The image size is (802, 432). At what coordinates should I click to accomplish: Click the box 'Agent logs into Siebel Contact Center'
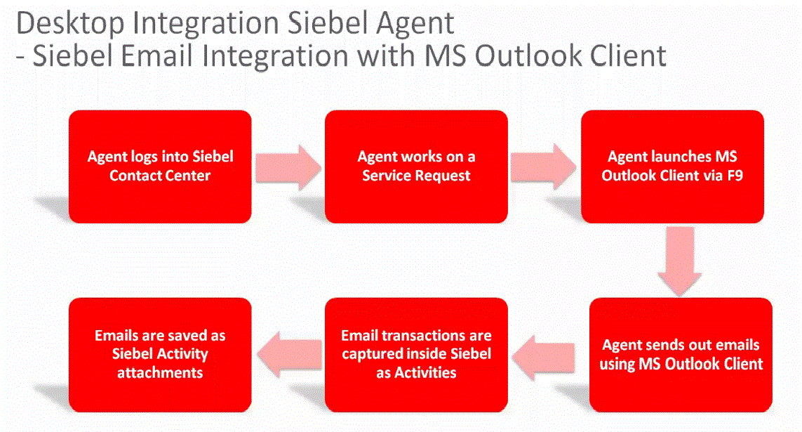point(160,166)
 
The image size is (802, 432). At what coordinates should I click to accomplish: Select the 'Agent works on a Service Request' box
point(416,166)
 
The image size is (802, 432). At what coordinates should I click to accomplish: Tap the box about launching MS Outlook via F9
point(673,166)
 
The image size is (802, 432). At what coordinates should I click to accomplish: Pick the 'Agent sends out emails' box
point(681,355)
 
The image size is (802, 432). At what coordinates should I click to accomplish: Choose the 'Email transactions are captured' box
point(416,355)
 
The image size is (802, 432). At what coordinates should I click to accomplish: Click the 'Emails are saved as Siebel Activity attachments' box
point(160,355)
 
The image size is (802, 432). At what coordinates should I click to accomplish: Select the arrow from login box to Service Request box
point(288,167)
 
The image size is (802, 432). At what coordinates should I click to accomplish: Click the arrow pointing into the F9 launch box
point(543,167)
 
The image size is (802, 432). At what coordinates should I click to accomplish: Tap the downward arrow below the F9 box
point(680,261)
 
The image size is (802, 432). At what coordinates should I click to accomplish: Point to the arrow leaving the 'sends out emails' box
point(543,358)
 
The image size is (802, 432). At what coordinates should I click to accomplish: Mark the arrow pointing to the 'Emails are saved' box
point(290,354)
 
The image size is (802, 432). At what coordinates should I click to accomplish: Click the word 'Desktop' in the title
point(71,24)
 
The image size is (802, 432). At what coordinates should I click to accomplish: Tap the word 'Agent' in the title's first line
point(415,24)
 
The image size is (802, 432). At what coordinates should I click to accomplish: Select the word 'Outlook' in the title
point(528,55)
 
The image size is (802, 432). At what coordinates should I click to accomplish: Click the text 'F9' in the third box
point(735,176)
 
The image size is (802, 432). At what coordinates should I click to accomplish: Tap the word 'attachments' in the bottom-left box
point(160,372)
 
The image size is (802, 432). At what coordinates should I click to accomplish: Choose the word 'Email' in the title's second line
point(156,55)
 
